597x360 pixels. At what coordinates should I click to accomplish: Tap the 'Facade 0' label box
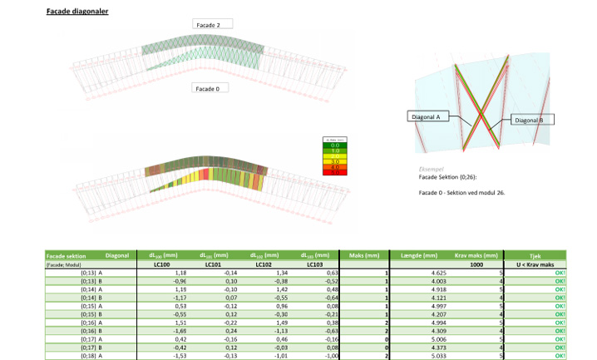pyautogui.click(x=208, y=87)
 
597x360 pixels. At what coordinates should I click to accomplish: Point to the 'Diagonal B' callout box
pyautogui.click(x=530, y=120)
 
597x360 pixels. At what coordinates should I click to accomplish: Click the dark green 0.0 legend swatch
pyautogui.click(x=334, y=145)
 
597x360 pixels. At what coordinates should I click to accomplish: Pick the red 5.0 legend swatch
pyautogui.click(x=334, y=171)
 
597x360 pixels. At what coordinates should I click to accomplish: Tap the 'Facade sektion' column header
pyautogui.click(x=66, y=255)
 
